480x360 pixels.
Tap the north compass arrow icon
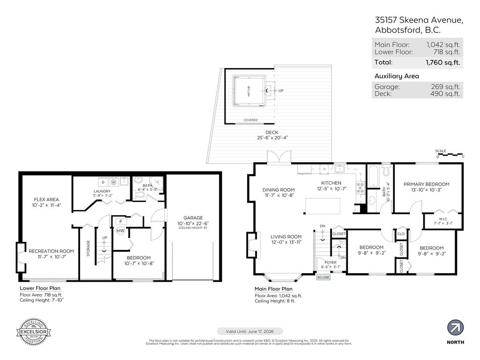455,327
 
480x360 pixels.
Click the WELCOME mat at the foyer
324,277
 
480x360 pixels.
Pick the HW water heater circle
120,231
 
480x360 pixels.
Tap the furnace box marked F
120,221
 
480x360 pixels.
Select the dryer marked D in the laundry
103,182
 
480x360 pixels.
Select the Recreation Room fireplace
21,257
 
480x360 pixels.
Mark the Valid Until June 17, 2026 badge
240,331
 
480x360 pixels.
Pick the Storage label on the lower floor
88,248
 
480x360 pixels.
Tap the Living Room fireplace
251,245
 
